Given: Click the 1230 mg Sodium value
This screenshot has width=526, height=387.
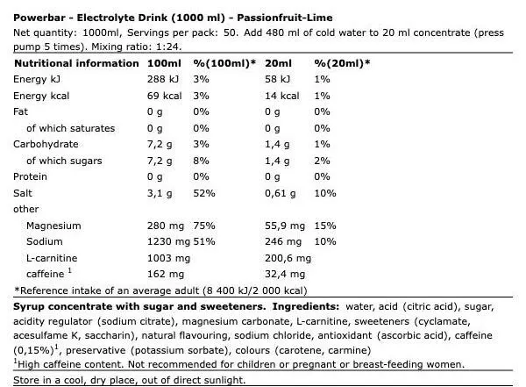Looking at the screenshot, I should point(170,242).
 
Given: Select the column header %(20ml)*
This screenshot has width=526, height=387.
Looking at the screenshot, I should point(343,63).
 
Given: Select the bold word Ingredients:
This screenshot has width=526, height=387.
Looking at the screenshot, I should point(307,307).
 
